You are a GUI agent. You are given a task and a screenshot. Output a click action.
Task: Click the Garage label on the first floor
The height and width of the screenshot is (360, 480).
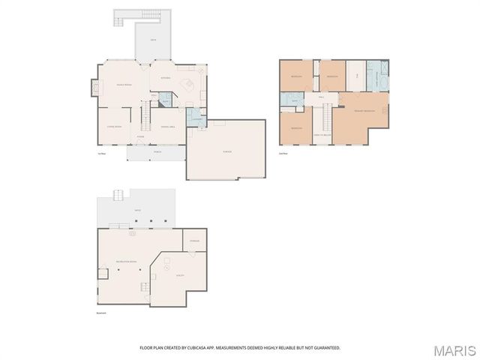pos(226,152)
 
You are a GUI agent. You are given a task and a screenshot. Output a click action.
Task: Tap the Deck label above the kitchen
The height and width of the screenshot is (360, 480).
pos(153,40)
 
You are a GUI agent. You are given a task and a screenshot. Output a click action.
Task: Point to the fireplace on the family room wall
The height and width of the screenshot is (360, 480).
pos(94,88)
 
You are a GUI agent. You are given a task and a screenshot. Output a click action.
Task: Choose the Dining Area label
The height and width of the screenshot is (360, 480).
pos(168,127)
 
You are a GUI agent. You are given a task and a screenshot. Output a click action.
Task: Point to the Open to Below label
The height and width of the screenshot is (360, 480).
pos(323,135)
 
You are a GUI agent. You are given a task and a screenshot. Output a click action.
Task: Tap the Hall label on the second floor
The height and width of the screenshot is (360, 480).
pos(321,97)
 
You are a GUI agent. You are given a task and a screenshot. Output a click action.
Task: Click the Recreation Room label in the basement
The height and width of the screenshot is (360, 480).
pos(125,261)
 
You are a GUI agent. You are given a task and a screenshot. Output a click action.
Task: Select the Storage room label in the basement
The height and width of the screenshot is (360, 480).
pos(193,241)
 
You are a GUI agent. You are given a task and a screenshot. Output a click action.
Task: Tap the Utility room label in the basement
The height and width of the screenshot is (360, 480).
pos(180,276)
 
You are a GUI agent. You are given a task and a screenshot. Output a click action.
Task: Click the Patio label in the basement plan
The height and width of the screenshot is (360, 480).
pos(137,211)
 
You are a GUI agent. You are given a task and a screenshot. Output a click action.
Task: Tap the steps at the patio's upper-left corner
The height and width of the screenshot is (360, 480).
pos(118,196)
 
